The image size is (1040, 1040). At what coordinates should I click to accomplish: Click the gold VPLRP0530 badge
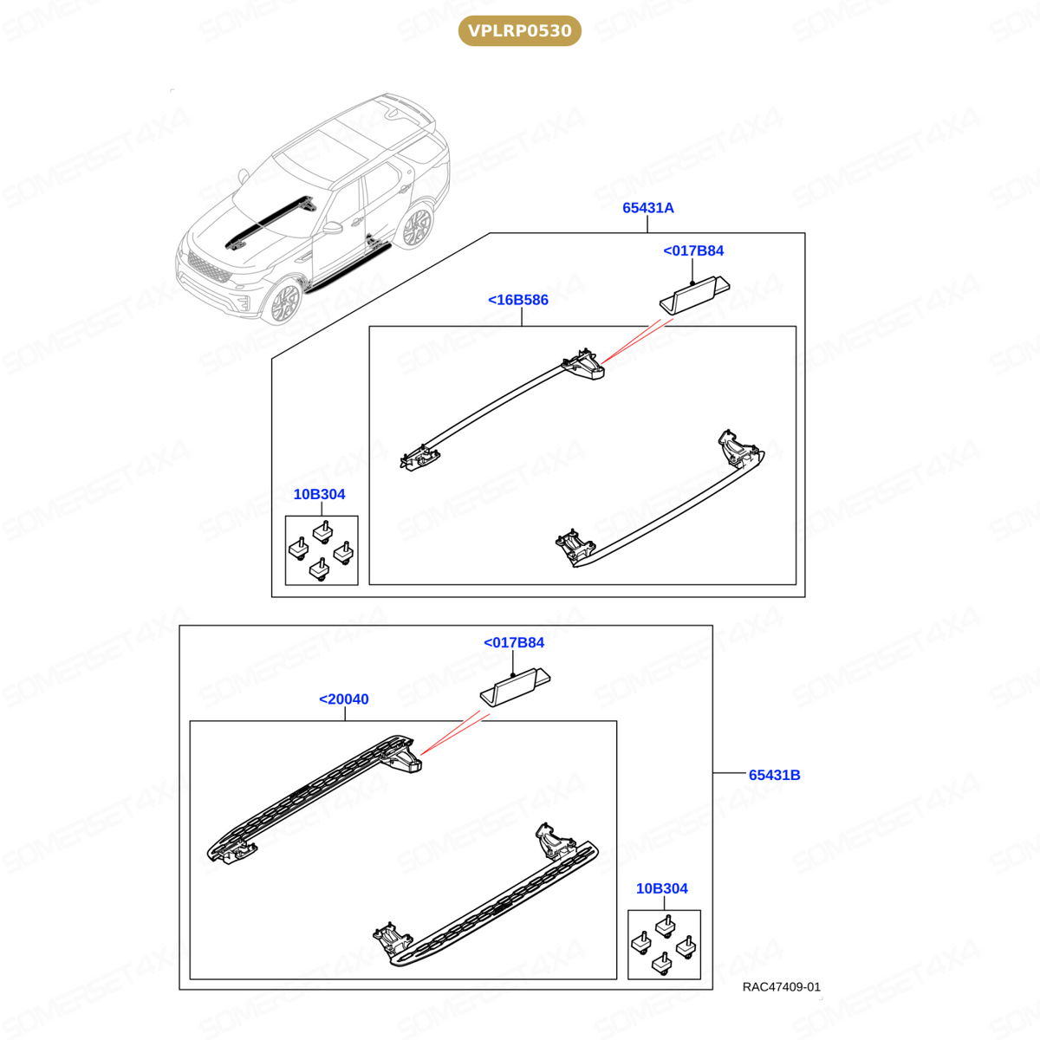pyautogui.click(x=519, y=30)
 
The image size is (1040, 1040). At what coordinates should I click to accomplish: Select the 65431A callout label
pyautogui.click(x=647, y=208)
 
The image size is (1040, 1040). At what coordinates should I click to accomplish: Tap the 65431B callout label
pyautogui.click(x=774, y=775)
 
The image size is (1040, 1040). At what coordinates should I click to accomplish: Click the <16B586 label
pyautogui.click(x=517, y=300)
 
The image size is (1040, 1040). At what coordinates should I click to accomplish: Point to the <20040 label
pyautogui.click(x=344, y=699)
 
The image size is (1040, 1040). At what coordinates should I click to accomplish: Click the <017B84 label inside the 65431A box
pyautogui.click(x=693, y=250)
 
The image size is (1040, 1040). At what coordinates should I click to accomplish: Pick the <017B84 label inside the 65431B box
pyautogui.click(x=514, y=642)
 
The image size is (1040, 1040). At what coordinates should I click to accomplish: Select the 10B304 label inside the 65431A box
pyautogui.click(x=319, y=494)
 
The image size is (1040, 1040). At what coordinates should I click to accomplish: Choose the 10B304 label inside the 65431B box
pyautogui.click(x=661, y=888)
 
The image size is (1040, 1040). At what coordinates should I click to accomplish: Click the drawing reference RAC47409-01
pyautogui.click(x=781, y=986)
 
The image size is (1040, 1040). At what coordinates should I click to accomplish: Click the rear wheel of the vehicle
pyautogui.click(x=416, y=227)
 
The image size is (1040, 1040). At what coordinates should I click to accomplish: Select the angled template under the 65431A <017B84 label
pyautogui.click(x=694, y=295)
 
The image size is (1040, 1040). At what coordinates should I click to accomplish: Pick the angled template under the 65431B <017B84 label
pyautogui.click(x=515, y=687)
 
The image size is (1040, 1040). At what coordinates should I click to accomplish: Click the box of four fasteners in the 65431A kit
pyautogui.click(x=322, y=550)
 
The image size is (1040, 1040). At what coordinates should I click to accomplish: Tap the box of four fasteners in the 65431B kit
pyautogui.click(x=664, y=945)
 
